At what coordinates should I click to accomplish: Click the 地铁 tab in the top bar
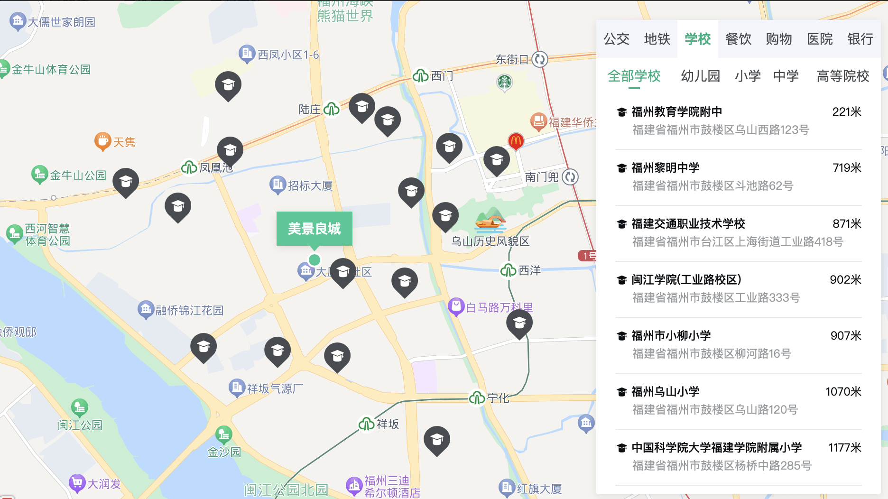pyautogui.click(x=657, y=39)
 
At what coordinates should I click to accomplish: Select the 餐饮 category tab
pyautogui.click(x=738, y=39)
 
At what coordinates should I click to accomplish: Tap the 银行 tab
pyautogui.click(x=860, y=39)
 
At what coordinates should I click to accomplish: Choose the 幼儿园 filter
pyautogui.click(x=700, y=76)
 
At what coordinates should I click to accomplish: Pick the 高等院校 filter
pyautogui.click(x=842, y=76)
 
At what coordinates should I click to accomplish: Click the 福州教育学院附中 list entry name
pyautogui.click(x=676, y=112)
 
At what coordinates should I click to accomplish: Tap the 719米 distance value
pyautogui.click(x=847, y=168)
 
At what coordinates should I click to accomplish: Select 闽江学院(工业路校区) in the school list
pyautogui.click(x=686, y=280)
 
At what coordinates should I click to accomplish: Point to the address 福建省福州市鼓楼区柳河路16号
pyautogui.click(x=712, y=354)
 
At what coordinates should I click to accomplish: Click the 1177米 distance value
pyautogui.click(x=844, y=448)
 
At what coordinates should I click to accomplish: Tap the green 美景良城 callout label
pyautogui.click(x=314, y=229)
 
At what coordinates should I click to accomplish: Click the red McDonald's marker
pyautogui.click(x=516, y=140)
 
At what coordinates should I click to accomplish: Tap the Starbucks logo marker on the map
pyautogui.click(x=504, y=83)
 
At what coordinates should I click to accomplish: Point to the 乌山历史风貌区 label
pyautogui.click(x=490, y=241)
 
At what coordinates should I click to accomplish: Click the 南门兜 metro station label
pyautogui.click(x=542, y=177)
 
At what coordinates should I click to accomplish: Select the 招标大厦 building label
pyautogui.click(x=310, y=185)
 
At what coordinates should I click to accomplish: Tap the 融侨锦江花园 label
pyautogui.click(x=189, y=310)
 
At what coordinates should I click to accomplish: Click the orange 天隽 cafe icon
pyautogui.click(x=102, y=141)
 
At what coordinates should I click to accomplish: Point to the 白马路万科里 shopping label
pyautogui.click(x=499, y=307)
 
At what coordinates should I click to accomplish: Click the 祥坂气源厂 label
pyautogui.click(x=275, y=388)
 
